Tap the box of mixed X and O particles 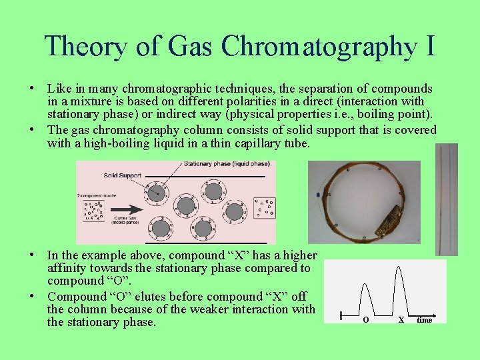click(92, 210)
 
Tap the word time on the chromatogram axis click(424, 320)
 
